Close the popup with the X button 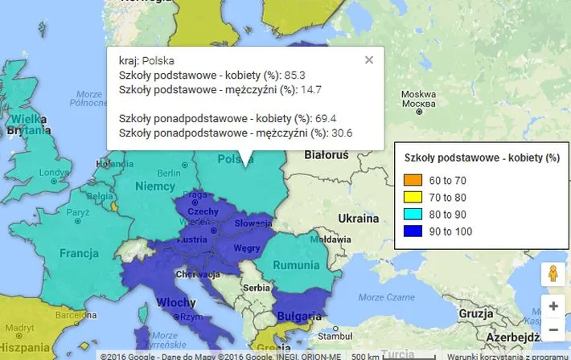coord(368,59)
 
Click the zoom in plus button coord(553,306)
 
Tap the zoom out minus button coord(553,329)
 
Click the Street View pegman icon coord(553,273)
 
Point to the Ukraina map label coord(358,218)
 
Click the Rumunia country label coord(297,264)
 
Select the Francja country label coord(79,253)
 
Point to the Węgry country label coord(246,248)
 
